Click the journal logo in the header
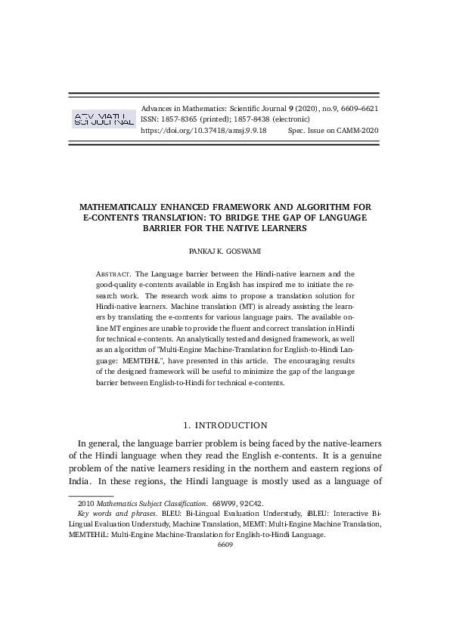coord(103,119)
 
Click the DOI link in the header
coord(203,131)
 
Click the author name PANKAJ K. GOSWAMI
coord(225,249)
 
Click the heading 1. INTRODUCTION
coord(225,425)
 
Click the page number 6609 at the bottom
coord(225,544)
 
